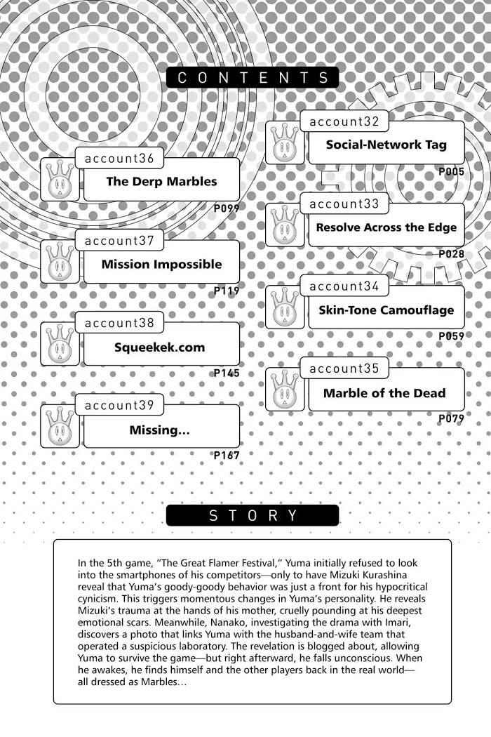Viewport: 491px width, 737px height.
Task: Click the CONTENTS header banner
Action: tap(253, 77)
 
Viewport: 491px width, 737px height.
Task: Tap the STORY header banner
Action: tap(253, 515)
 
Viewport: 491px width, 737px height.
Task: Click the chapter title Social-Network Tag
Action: tap(386, 145)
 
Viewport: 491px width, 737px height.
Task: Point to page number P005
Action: tap(451, 171)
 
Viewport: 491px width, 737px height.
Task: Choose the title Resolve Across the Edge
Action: tap(386, 227)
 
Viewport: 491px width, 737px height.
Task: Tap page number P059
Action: tap(451, 336)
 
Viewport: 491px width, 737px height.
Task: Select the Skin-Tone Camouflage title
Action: tap(386, 310)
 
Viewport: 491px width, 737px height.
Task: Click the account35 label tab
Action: tap(344, 368)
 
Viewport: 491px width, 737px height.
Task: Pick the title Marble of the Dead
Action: tap(384, 393)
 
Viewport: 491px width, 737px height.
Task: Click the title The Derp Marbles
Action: tap(161, 181)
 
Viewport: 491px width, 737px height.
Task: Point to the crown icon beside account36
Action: tap(60, 180)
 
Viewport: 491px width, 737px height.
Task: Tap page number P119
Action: tap(227, 290)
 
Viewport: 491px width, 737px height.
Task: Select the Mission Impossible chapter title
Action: tap(161, 264)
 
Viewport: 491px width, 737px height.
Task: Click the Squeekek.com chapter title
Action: tap(160, 347)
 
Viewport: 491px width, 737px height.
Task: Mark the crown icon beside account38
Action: tap(60, 345)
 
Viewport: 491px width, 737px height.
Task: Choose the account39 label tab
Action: tap(119, 405)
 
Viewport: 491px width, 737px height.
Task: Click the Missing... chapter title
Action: tap(159, 430)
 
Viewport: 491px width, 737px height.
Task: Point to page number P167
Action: tap(227, 456)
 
